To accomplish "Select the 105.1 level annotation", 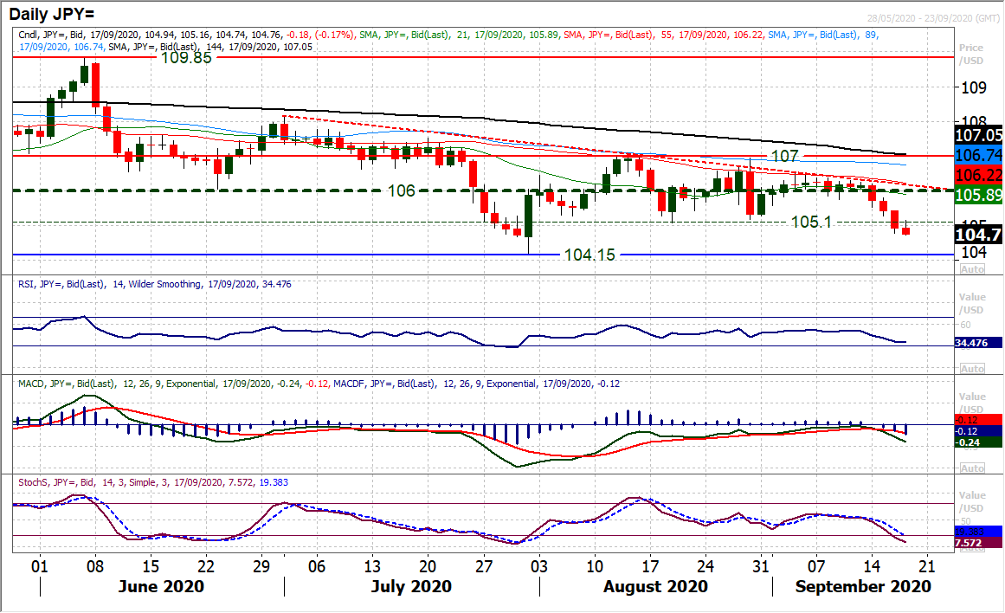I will coord(810,223).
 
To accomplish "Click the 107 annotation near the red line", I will coord(785,156).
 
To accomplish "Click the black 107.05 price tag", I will coord(980,136).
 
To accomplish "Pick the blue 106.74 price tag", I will coord(980,155).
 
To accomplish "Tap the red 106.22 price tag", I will coord(980,176).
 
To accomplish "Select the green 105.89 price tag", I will coord(980,197).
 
